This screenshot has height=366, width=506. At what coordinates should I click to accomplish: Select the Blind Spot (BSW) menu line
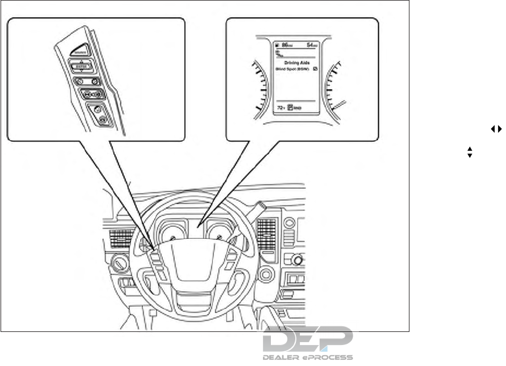tap(291, 69)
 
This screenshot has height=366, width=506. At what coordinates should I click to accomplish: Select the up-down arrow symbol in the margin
tap(470, 152)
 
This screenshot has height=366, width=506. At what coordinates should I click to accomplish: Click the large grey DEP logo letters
tap(307, 340)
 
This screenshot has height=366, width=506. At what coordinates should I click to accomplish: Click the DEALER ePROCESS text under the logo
tap(307, 357)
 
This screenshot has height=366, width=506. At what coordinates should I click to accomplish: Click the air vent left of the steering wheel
tap(122, 237)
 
